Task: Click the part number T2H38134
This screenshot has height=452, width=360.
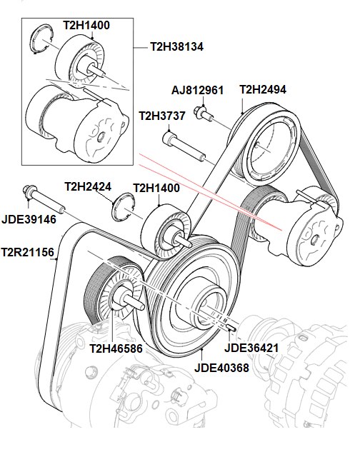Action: point(177,46)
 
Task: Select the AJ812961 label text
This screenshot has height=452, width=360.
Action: point(197,91)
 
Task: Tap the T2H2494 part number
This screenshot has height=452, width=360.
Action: point(263,90)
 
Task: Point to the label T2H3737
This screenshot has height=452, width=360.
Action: point(163,116)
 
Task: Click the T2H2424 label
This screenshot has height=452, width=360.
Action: point(88,187)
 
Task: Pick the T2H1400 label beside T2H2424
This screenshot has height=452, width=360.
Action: point(156,189)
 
